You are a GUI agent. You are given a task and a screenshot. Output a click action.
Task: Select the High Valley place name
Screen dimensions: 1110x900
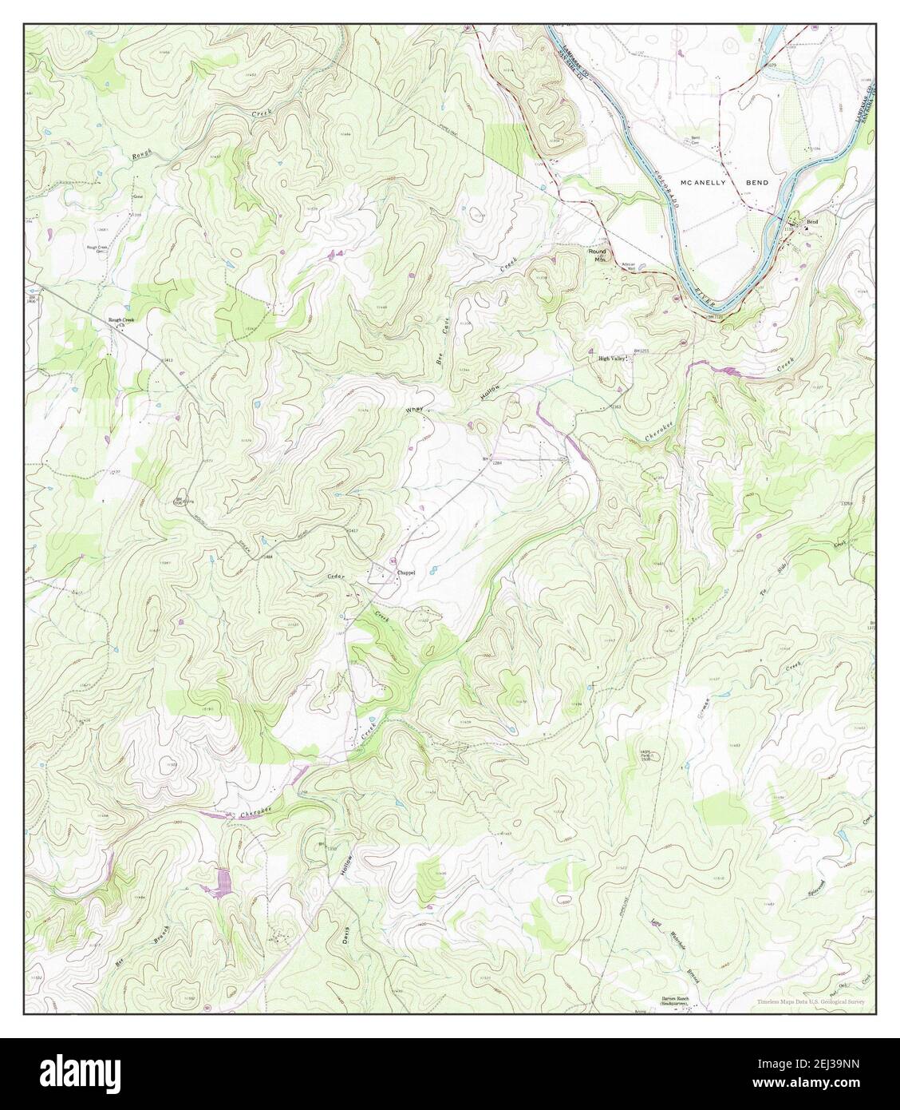click(x=614, y=359)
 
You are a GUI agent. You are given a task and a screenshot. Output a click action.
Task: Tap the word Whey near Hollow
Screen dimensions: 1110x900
click(x=414, y=410)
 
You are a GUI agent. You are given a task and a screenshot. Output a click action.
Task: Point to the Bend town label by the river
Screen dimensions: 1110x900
click(x=812, y=221)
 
